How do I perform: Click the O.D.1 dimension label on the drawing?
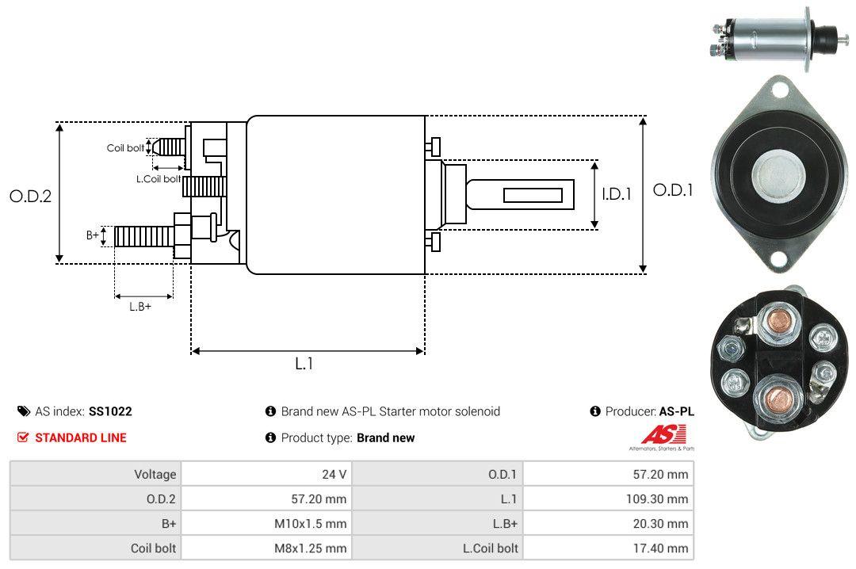(x=673, y=190)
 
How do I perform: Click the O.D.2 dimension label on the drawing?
(x=30, y=196)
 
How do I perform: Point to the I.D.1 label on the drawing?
(x=616, y=193)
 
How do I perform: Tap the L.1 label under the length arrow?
(x=304, y=364)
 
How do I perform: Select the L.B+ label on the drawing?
(x=140, y=306)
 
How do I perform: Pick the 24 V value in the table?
(x=335, y=474)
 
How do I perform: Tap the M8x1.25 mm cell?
(x=310, y=548)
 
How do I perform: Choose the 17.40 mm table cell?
(x=667, y=548)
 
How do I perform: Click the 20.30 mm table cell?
(x=667, y=523)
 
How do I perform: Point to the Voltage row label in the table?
(x=155, y=474)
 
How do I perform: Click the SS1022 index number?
(x=110, y=411)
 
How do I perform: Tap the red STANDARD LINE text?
(x=80, y=437)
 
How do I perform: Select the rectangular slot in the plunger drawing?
(x=533, y=195)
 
